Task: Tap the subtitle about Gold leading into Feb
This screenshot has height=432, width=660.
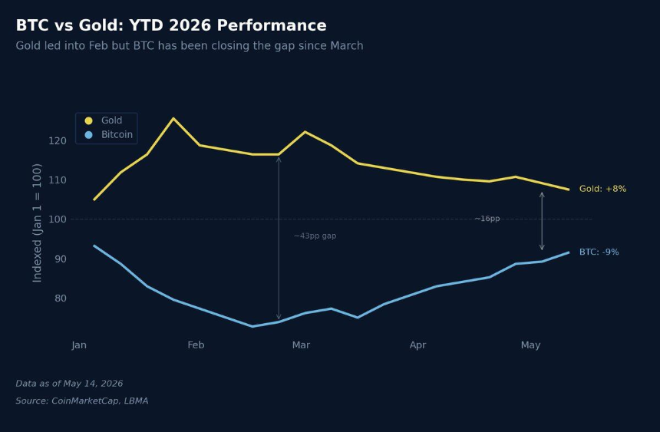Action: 190,45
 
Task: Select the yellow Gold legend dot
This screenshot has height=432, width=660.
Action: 88,120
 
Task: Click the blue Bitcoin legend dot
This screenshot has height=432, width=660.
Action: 88,135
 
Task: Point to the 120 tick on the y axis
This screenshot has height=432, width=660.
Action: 58,140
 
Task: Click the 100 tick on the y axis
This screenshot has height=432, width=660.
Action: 58,219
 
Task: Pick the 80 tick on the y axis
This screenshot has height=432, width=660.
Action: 61,298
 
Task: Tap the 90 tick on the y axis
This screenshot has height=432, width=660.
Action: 61,259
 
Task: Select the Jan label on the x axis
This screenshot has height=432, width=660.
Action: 79,345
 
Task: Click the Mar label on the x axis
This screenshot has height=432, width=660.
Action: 301,345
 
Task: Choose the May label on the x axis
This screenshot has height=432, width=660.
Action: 530,345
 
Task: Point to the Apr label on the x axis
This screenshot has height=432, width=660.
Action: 417,345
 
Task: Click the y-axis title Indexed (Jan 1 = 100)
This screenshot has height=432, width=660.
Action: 37,223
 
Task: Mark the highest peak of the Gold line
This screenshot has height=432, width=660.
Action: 173,118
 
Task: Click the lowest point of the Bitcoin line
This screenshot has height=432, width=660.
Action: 252,326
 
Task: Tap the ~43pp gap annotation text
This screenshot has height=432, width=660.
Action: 315,236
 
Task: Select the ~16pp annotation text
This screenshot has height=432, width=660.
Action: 487,219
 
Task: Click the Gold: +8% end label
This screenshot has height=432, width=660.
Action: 602,189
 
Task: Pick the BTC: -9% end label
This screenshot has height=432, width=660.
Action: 599,252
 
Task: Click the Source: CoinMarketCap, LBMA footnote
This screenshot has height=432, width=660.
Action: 82,401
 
